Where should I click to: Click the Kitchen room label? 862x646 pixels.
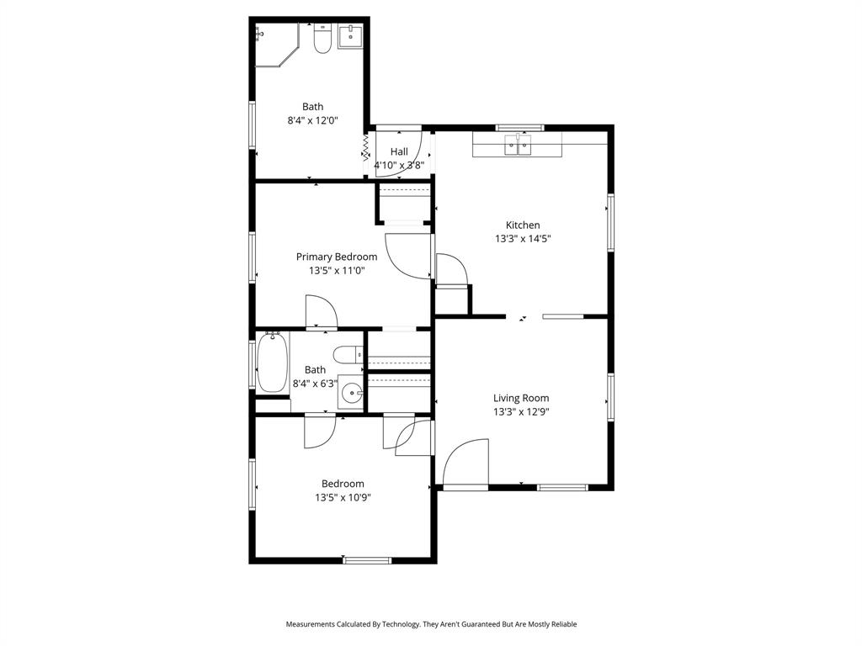522,225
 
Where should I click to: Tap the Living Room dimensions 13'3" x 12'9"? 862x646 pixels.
521,412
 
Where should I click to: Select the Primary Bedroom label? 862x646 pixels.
337,257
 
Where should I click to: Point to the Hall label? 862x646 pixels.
399,151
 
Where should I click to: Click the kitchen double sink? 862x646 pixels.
519,146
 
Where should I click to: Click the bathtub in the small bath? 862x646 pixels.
272,363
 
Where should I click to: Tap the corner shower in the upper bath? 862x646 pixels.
274,45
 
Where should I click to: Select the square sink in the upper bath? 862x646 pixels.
350,37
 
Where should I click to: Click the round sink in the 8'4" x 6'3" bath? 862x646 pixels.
353,392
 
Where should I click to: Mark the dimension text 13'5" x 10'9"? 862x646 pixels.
343,497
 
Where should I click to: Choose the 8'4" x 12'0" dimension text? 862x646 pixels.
312,120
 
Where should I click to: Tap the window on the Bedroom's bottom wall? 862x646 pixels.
367,560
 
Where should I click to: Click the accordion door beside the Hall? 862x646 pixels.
366,149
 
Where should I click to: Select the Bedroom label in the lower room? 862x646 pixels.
343,484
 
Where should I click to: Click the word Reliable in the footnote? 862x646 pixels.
561,624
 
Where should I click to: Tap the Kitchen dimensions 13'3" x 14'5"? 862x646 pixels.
522,239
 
